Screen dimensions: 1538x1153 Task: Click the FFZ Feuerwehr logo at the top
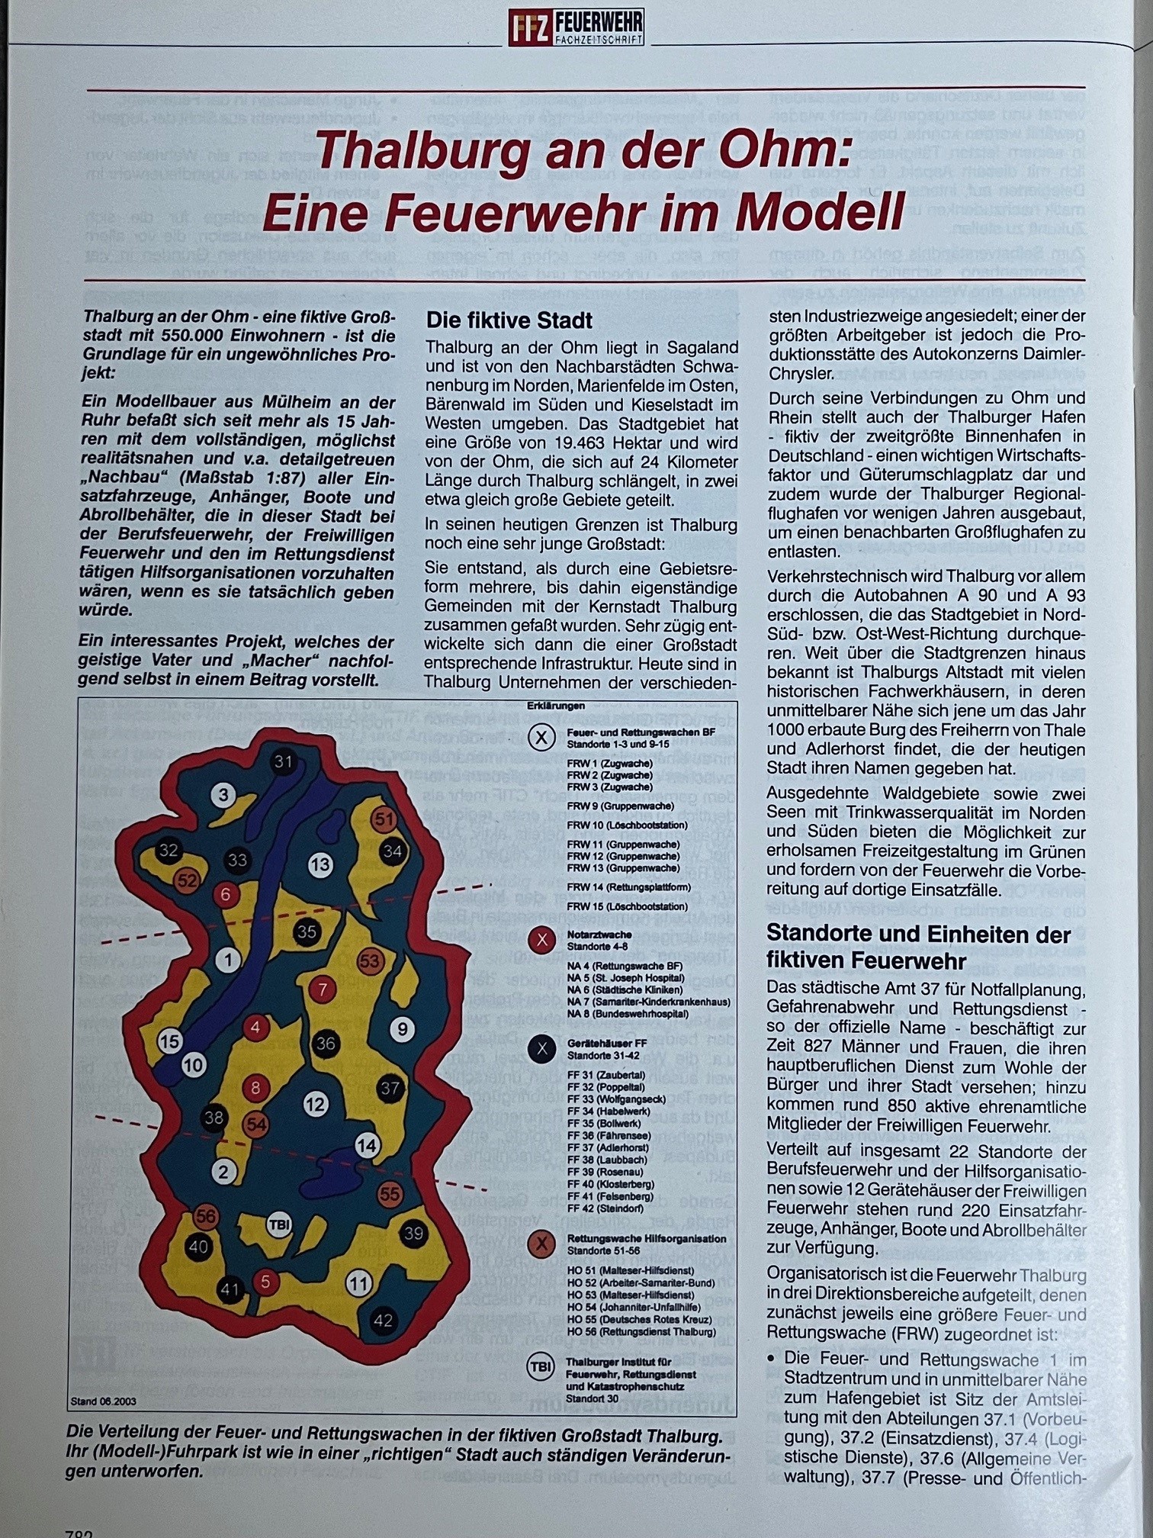tap(576, 28)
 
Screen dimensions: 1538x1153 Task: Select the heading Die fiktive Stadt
tap(509, 320)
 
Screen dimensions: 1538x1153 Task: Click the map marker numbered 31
tap(284, 761)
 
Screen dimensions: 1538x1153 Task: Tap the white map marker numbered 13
tap(320, 864)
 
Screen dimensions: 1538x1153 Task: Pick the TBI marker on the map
tap(280, 1225)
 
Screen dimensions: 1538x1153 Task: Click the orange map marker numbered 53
tap(369, 960)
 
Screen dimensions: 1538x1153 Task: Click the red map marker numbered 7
tap(323, 990)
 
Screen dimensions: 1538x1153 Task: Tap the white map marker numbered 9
tap(402, 1029)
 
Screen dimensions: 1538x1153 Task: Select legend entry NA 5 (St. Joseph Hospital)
tap(625, 977)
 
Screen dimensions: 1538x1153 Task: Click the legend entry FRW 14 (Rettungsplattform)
tap(628, 887)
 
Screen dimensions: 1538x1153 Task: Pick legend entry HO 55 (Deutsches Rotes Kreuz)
tap(639, 1319)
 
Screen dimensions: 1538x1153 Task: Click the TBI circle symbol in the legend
tap(541, 1368)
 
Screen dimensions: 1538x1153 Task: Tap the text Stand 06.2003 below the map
tap(104, 1401)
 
